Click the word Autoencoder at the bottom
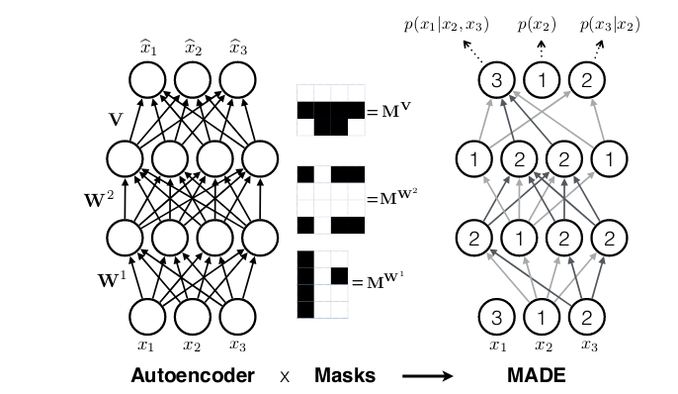[x=193, y=376]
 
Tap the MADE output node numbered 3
[x=498, y=78]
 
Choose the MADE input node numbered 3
[x=498, y=318]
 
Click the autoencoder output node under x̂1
[x=146, y=78]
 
